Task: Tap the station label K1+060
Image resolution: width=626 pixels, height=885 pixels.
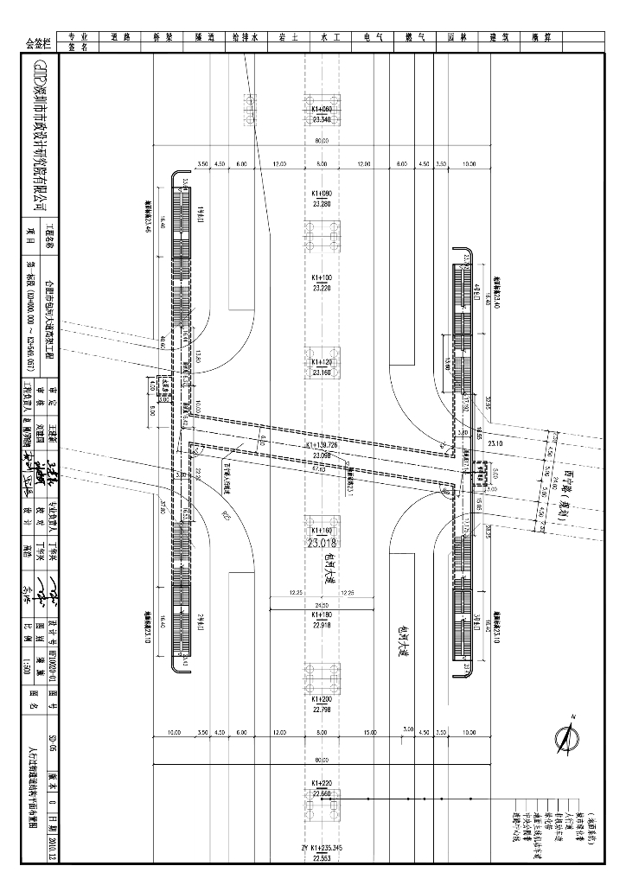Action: tap(321, 110)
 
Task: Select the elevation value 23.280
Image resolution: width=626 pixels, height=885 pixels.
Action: tap(321, 204)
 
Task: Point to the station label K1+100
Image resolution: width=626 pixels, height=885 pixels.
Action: tap(321, 277)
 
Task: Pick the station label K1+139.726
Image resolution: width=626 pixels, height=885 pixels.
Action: tap(321, 446)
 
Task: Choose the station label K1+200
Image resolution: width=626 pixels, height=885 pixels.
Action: tap(321, 698)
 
